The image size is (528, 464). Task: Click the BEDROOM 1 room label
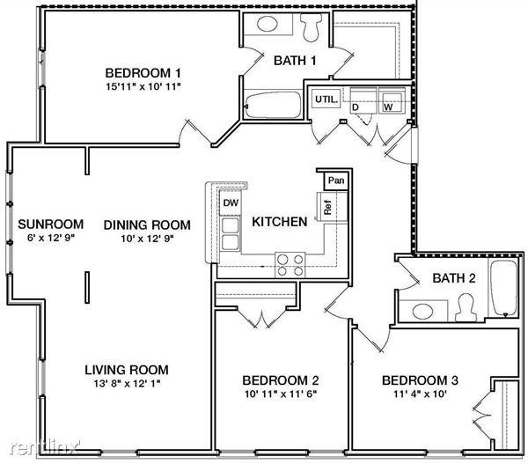[143, 72]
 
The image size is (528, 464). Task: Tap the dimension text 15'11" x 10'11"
[143, 87]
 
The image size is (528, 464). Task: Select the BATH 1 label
[295, 61]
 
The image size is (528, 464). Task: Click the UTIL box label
[326, 99]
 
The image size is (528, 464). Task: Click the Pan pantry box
[335, 180]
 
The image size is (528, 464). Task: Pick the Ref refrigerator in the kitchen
[326, 209]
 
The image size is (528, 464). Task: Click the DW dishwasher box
[231, 203]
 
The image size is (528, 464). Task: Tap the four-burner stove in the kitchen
[291, 259]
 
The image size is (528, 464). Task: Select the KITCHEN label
[279, 222]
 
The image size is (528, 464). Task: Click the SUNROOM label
[50, 224]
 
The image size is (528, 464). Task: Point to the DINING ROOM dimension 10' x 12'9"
[143, 239]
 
